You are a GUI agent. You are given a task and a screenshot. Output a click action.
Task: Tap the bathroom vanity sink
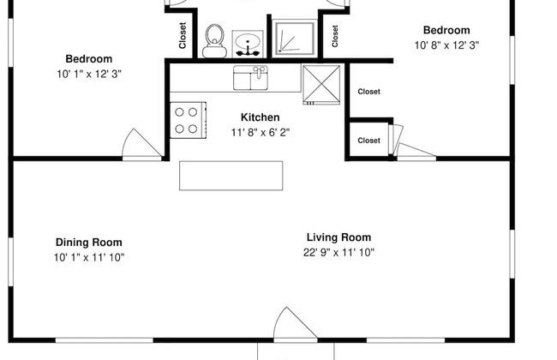point(247,43)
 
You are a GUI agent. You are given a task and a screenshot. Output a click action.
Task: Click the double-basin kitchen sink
point(252,79)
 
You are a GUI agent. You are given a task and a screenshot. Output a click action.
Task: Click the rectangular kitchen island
point(231,175)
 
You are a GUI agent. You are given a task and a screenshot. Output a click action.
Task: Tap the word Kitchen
point(260,117)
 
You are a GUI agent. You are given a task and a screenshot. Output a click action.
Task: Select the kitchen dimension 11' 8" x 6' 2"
point(260,132)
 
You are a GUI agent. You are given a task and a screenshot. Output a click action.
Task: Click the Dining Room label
point(88,243)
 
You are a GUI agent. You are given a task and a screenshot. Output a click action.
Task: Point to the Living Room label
point(338,237)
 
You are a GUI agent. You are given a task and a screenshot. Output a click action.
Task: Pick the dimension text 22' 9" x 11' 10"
point(338,252)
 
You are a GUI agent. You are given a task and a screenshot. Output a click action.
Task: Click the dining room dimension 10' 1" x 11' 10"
point(88,257)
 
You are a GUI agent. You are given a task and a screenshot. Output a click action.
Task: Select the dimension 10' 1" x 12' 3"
point(88,74)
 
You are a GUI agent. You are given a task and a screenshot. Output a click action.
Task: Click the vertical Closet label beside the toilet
point(183,35)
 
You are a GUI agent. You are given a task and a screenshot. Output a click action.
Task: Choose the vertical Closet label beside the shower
point(335,35)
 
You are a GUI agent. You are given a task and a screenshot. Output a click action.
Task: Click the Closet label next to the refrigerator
point(368,92)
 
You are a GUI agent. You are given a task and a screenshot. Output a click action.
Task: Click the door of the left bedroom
point(142,144)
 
